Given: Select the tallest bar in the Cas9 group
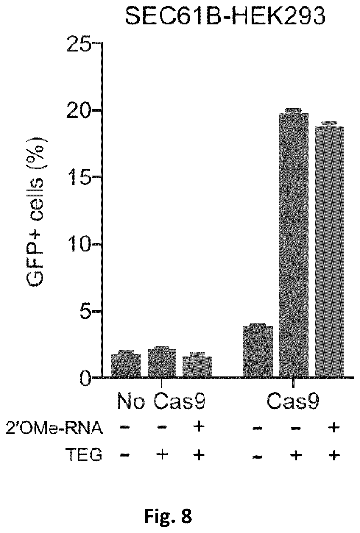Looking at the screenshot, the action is click(293, 245).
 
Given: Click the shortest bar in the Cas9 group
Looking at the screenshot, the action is click(258, 351).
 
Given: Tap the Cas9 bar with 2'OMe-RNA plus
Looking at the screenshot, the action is click(330, 252).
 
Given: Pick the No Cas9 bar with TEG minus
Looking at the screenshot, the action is click(126, 365).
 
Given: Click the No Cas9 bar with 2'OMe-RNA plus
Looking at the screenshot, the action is click(197, 367).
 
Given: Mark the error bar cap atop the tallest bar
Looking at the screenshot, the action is click(293, 110).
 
